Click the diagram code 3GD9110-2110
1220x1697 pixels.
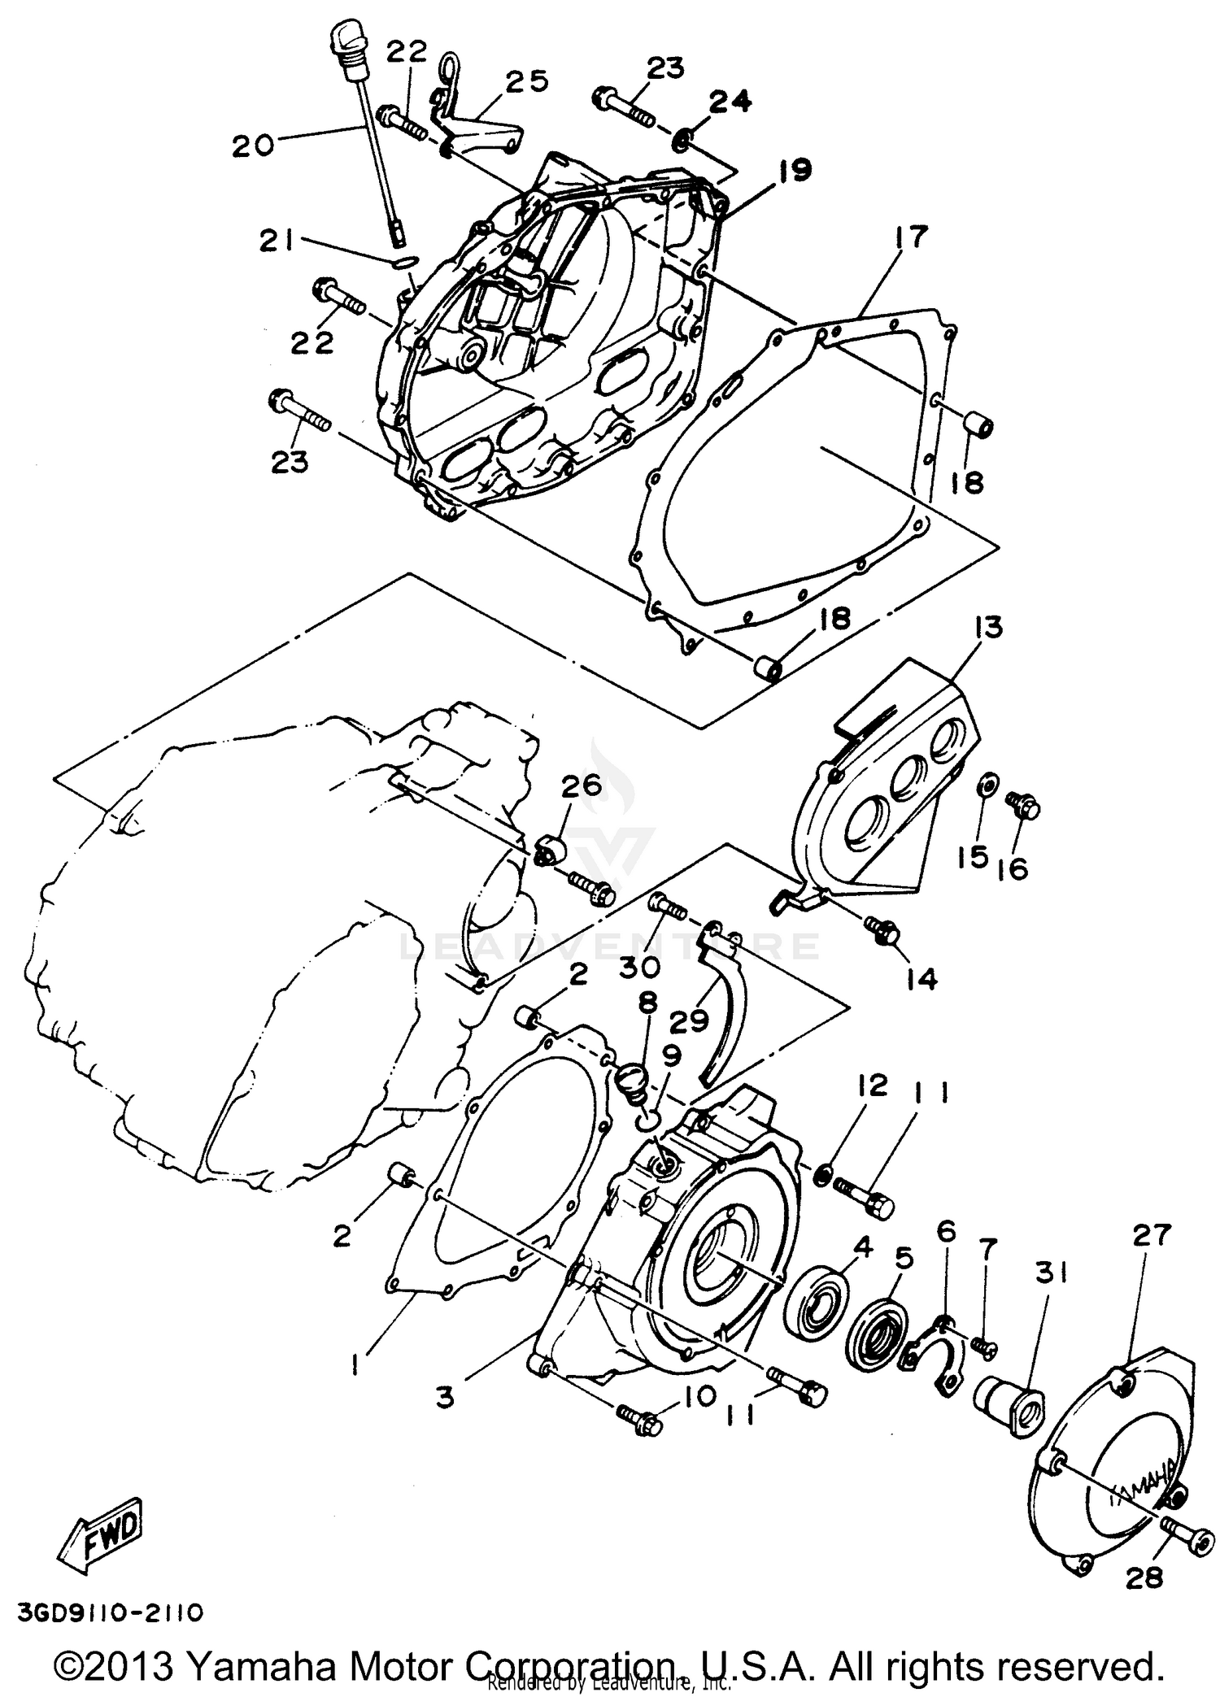point(107,1612)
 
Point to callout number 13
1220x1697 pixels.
point(986,629)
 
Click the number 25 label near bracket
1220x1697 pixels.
point(526,82)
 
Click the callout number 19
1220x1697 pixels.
point(794,172)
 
